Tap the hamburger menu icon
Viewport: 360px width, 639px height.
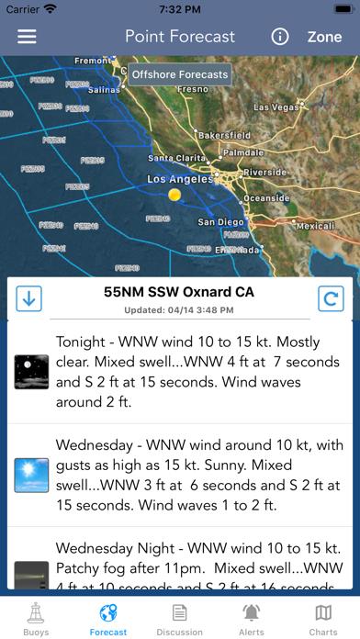[x=28, y=37]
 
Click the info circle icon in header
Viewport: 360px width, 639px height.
[x=280, y=37]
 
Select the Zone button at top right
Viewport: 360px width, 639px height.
[x=324, y=37]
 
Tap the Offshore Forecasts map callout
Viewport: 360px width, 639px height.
[x=179, y=74]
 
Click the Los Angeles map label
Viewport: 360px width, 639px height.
[x=179, y=179]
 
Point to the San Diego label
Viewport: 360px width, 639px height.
[x=221, y=222]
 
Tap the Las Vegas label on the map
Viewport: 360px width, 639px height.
[x=275, y=107]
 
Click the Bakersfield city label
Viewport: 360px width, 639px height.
[x=224, y=135]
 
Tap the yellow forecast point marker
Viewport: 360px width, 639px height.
[x=174, y=195]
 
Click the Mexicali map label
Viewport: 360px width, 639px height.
[x=315, y=225]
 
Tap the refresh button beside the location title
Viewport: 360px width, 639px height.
[x=330, y=298]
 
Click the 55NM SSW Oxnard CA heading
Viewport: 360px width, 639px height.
[x=179, y=293]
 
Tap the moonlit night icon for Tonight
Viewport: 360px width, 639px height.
[x=31, y=372]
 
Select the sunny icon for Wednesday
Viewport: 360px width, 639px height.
[x=31, y=475]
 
